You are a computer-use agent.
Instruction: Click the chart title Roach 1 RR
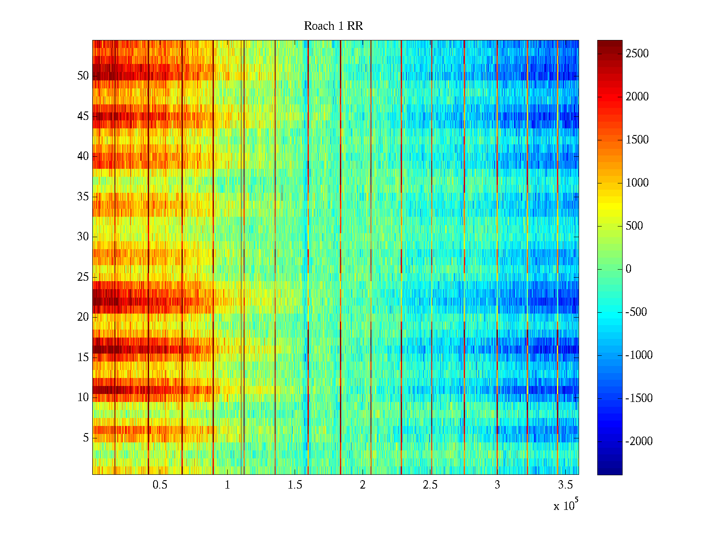pos(333,26)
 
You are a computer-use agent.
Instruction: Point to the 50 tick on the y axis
pos(83,76)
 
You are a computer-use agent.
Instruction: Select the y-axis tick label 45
pos(83,116)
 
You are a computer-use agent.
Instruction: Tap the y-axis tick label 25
pos(83,277)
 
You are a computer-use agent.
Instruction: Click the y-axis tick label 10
pos(83,398)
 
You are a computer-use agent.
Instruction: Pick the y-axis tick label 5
pos(86,438)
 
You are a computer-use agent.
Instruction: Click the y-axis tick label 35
pos(83,197)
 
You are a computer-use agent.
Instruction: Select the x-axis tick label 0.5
pos(160,485)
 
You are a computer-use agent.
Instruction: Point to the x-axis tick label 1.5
pos(295,485)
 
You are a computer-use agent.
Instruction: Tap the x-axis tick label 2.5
pos(430,485)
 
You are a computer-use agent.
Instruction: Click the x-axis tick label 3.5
pos(564,485)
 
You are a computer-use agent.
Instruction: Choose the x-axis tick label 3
pos(497,485)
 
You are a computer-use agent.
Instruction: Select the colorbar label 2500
pos(637,54)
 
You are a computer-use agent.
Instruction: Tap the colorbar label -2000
pos(639,441)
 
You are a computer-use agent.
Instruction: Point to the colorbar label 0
pos(628,269)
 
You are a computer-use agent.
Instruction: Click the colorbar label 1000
pos(637,183)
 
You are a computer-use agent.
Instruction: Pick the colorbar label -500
pos(636,312)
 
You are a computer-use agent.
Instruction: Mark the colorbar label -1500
pos(639,398)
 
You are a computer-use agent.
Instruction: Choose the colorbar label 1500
pos(637,140)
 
